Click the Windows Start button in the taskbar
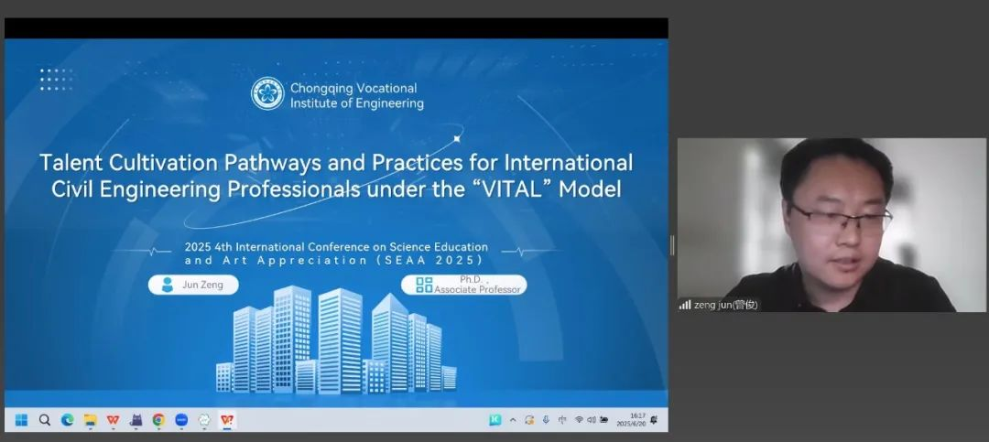click(21, 420)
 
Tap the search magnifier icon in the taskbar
click(44, 420)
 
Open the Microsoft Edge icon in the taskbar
click(68, 420)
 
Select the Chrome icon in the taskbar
click(158, 420)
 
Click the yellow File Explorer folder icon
click(90, 420)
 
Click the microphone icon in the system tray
click(546, 420)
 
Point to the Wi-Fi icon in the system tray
click(579, 420)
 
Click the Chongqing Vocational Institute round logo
click(267, 93)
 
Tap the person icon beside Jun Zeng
click(168, 285)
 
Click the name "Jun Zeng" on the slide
click(202, 285)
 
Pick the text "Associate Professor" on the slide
click(477, 289)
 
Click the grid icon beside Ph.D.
click(425, 285)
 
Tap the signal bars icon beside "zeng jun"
click(685, 305)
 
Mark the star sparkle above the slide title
click(457, 139)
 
